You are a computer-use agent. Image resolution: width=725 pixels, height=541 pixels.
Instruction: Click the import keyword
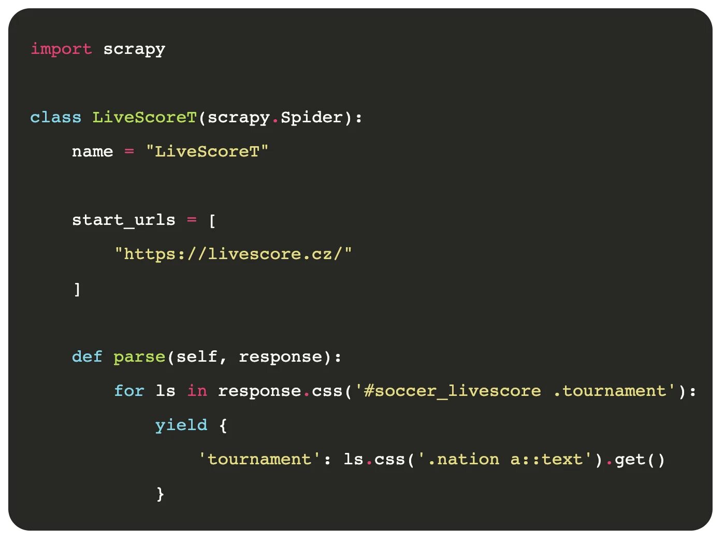tap(61, 49)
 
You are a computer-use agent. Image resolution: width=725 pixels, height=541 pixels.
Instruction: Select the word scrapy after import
tap(134, 49)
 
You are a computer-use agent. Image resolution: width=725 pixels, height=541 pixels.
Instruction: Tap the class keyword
tap(56, 117)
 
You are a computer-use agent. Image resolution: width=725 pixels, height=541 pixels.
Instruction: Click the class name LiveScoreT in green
tap(144, 117)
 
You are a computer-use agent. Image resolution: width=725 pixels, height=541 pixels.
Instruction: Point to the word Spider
tap(311, 117)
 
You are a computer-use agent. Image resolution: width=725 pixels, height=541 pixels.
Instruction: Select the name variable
tap(92, 151)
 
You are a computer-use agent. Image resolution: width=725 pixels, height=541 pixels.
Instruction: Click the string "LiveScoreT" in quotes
tap(207, 151)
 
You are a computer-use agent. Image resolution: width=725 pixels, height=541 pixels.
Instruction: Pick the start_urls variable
tap(123, 220)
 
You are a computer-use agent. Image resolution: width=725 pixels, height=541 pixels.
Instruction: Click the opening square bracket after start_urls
tap(212, 221)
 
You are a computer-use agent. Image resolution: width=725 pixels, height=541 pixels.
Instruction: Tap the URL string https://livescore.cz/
tap(233, 254)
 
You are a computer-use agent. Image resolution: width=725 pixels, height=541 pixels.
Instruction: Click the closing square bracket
tap(77, 289)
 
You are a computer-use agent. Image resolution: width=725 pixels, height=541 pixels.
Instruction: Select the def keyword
tap(87, 357)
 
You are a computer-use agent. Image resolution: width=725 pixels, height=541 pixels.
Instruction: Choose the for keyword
tap(129, 391)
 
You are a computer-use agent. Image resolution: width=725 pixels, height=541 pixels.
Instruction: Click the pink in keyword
tap(197, 391)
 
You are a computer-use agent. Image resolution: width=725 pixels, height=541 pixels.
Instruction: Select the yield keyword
tap(181, 425)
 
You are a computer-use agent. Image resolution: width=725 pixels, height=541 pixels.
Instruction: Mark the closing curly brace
tap(160, 493)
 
